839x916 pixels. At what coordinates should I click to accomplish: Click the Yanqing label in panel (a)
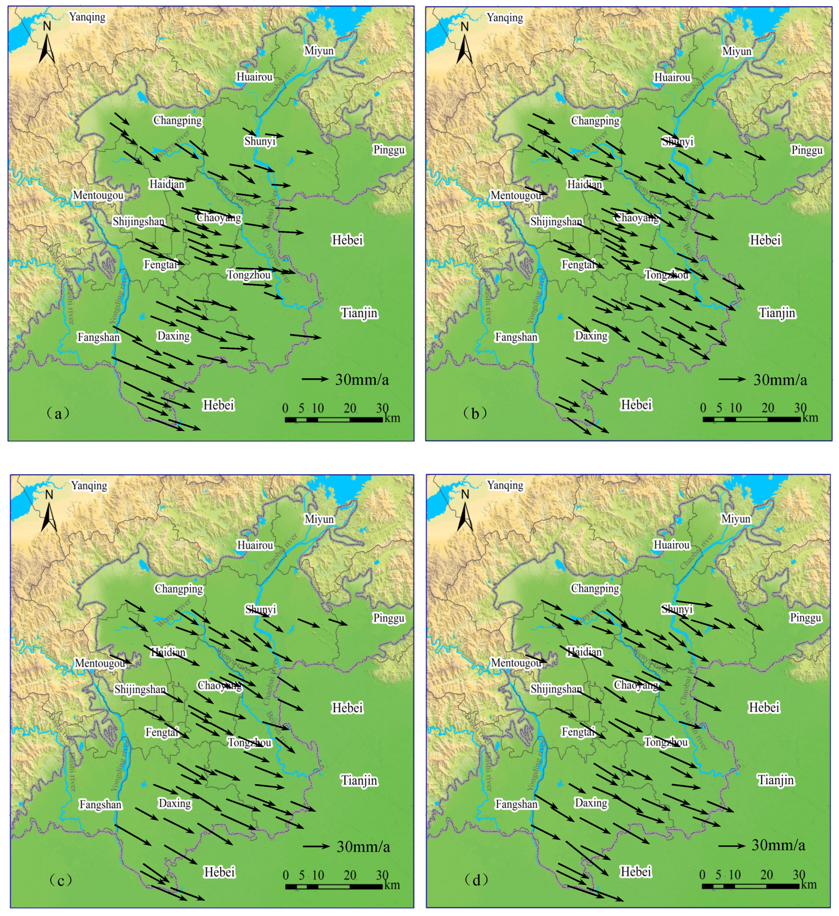coord(87,17)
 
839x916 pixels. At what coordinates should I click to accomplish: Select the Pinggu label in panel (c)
coord(389,618)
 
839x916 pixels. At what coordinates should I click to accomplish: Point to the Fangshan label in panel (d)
coord(516,804)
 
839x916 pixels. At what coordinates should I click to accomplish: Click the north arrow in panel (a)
coord(47,43)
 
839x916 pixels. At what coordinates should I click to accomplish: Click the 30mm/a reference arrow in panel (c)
coord(316,846)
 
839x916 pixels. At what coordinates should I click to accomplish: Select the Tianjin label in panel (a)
coord(359,313)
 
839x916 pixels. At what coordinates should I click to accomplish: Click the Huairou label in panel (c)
coord(255,545)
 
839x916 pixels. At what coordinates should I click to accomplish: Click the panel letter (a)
coord(58,413)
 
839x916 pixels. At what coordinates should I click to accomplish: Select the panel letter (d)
coord(476,880)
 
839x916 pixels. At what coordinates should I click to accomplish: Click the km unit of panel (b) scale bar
coord(810,418)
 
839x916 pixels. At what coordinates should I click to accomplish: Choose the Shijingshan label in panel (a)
coord(139,222)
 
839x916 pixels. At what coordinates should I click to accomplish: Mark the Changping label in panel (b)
coord(595,121)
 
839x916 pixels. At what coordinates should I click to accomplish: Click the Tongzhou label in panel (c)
coord(249,742)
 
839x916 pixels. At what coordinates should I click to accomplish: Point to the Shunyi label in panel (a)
coord(260,141)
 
